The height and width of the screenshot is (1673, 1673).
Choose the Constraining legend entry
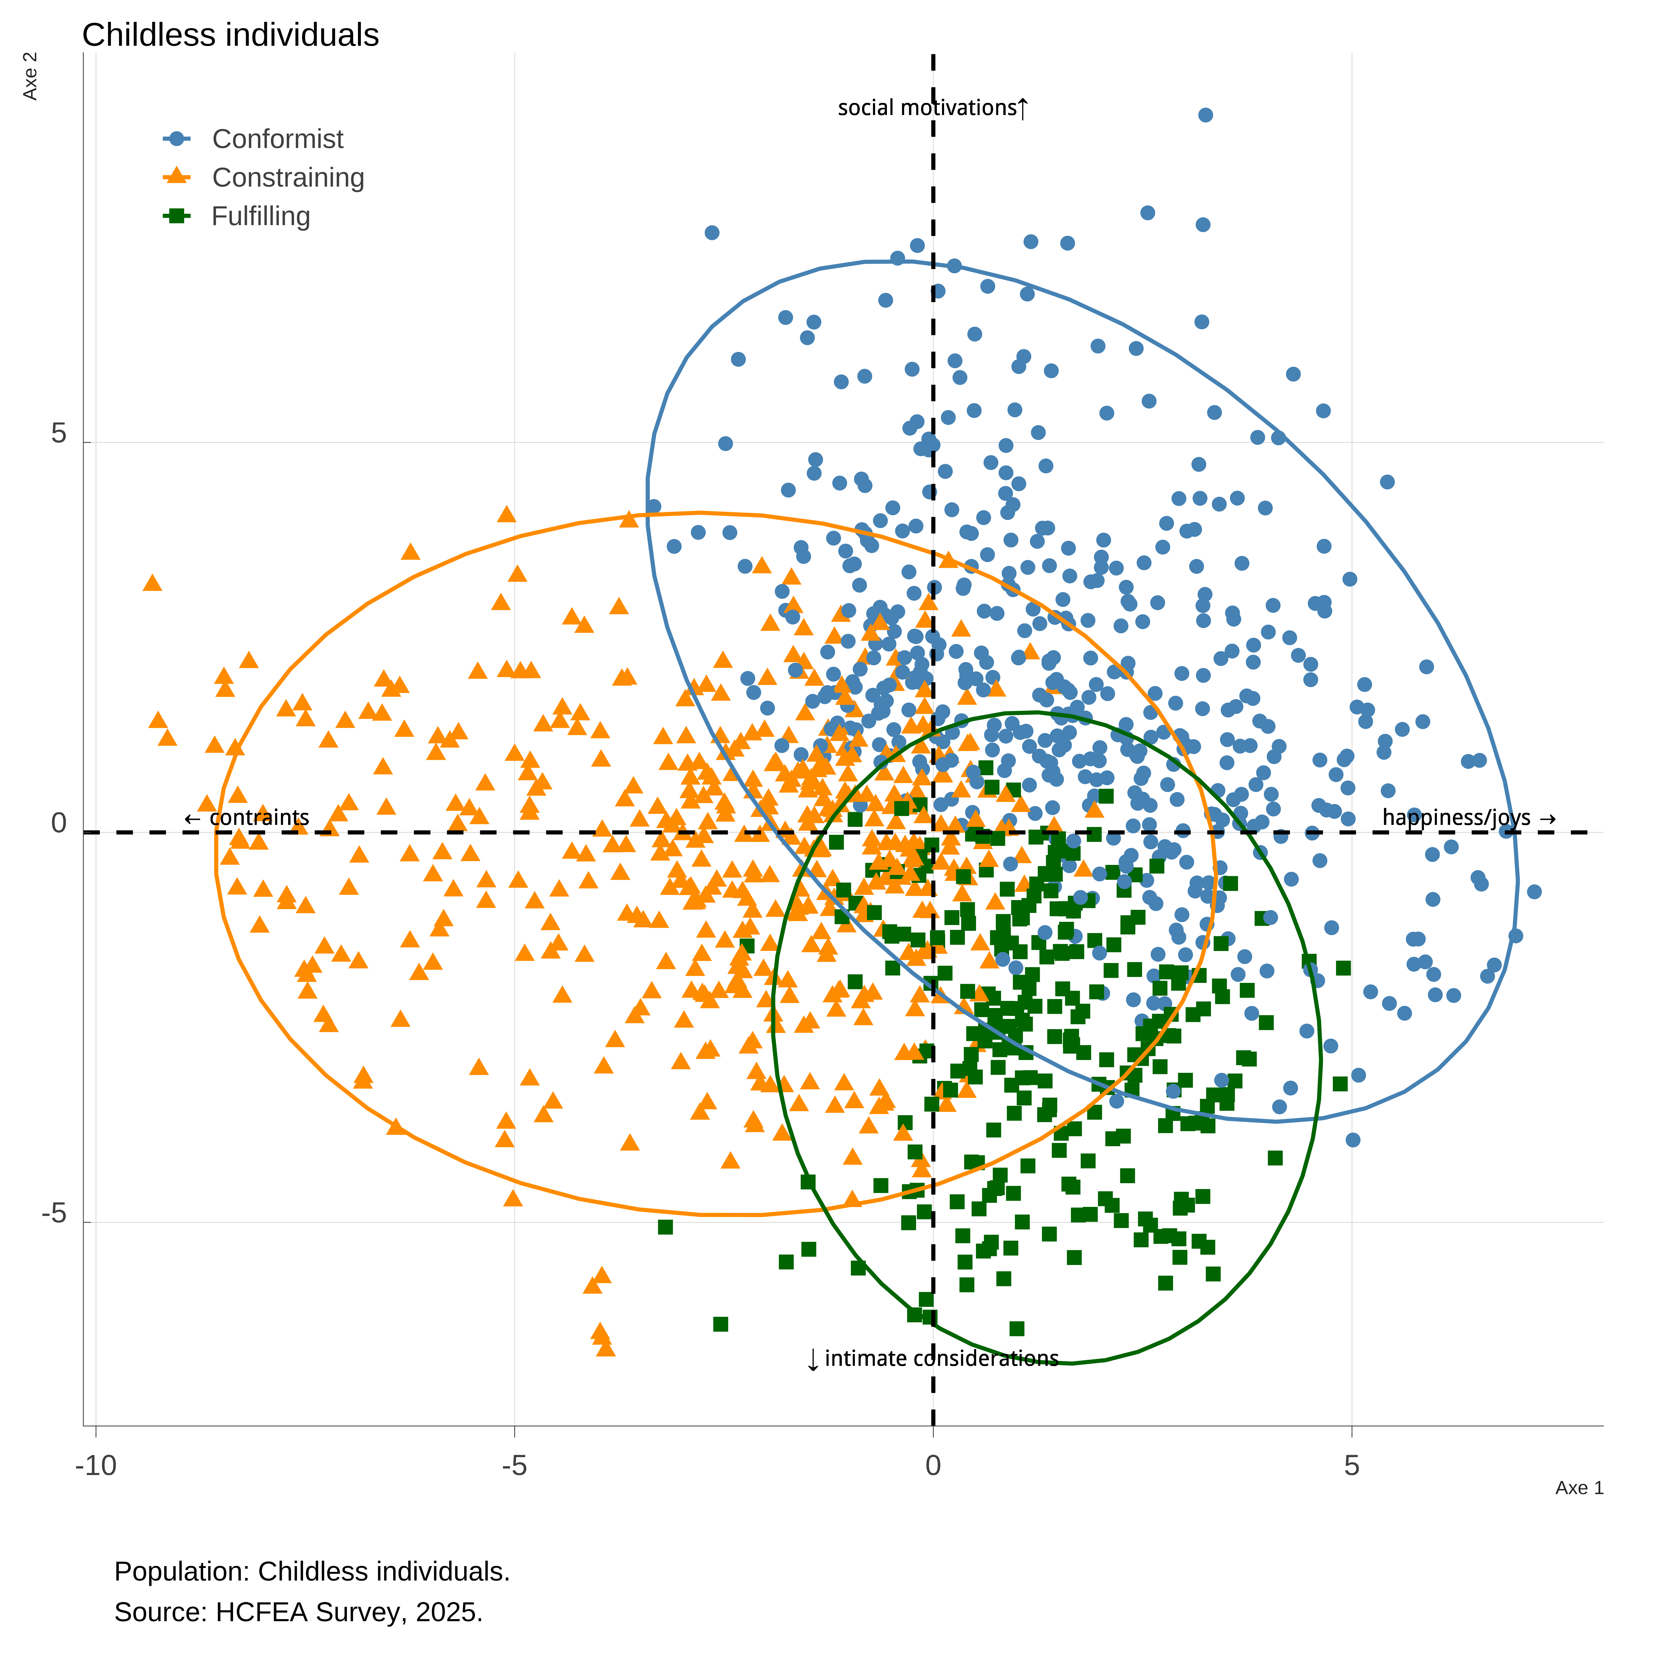[x=263, y=178]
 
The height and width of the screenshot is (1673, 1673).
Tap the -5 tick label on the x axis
[x=514, y=1466]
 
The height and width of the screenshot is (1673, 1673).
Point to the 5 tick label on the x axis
[x=1352, y=1466]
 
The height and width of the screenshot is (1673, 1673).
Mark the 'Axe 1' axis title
[x=1580, y=1488]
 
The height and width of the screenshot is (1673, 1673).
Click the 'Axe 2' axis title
[x=30, y=76]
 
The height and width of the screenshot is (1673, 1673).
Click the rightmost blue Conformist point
[x=1535, y=892]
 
